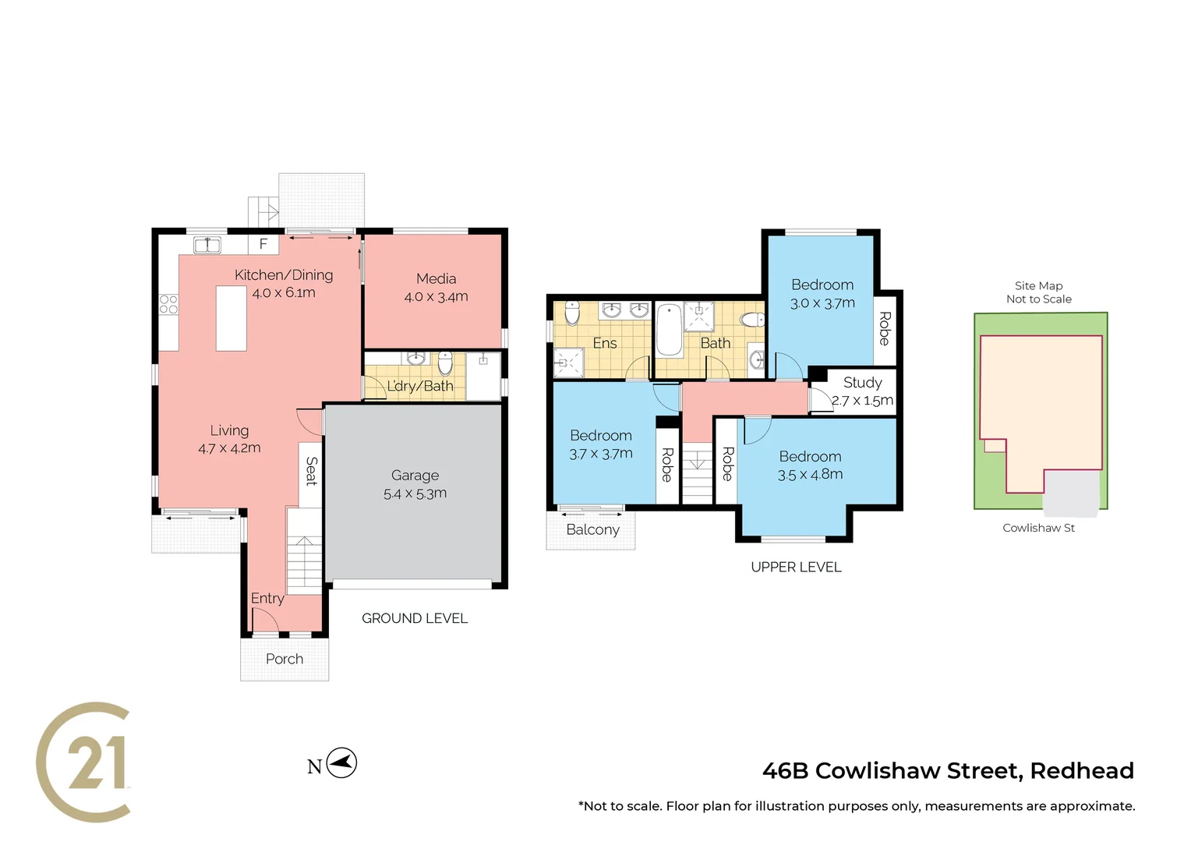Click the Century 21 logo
coord(83,762)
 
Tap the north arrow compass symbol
coord(341,763)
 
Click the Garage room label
coord(415,476)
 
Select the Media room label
coord(436,279)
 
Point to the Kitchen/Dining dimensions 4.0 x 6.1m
coord(284,293)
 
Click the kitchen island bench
coord(231,318)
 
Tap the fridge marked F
coord(263,244)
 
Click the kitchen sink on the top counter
coord(207,245)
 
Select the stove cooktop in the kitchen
coord(168,304)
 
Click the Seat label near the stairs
coord(311,472)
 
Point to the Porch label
coord(284,659)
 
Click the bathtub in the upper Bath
coord(668,331)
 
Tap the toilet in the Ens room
coord(572,313)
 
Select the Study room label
coord(862,383)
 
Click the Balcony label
coord(592,529)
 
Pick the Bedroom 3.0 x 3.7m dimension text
coord(822,303)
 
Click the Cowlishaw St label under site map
coord(1038,528)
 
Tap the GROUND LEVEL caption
coord(415,618)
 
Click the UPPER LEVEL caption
coord(796,567)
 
